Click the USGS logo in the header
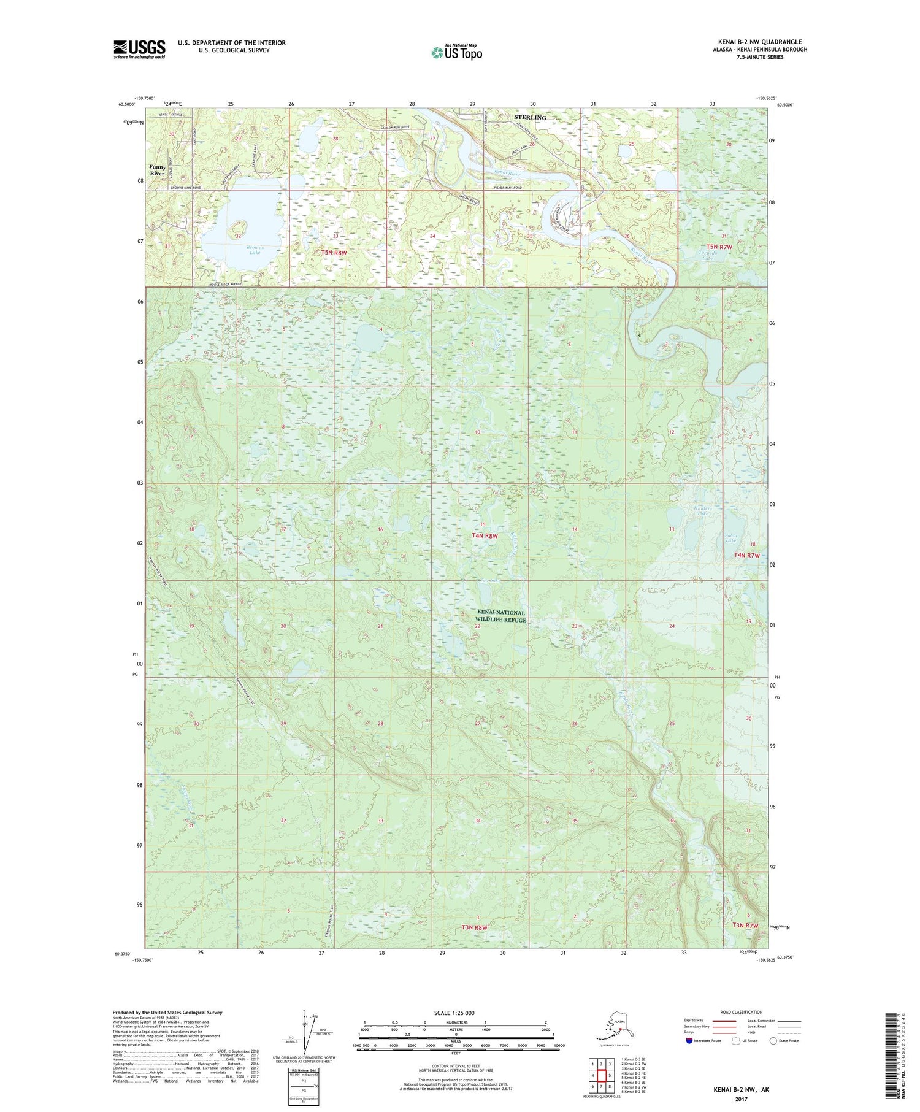[x=139, y=49]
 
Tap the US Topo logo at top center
[x=456, y=52]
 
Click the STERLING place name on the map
[x=530, y=117]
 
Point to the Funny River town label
[x=158, y=170]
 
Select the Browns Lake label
[x=239, y=250]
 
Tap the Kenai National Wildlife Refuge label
[x=502, y=616]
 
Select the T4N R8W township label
[x=484, y=535]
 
